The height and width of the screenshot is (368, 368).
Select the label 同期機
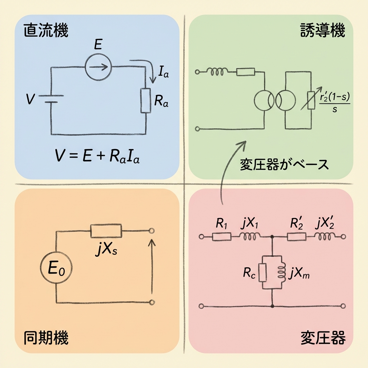46,338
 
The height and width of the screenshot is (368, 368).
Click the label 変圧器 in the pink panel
322,338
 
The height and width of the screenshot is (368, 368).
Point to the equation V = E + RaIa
97,156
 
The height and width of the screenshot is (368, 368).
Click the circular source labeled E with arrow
98,66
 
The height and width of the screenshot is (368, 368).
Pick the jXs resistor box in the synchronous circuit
106,231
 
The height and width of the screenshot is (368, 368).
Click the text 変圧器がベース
284,165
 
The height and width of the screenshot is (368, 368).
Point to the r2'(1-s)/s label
335,102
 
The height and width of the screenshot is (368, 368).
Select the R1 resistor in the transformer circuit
221,236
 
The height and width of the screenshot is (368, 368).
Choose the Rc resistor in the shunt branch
263,272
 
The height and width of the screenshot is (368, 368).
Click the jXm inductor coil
281,272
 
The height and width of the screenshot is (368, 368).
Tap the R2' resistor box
296,236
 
